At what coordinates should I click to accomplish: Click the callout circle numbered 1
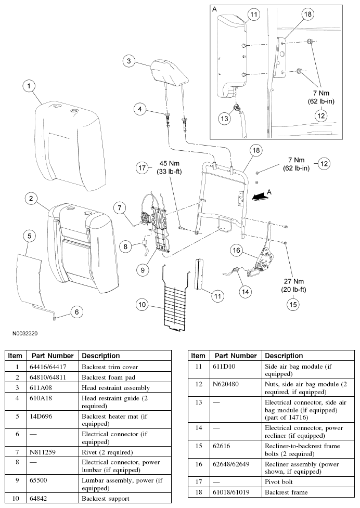29,86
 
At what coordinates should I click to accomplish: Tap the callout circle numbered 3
129,61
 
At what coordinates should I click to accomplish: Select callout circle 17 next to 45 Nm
142,168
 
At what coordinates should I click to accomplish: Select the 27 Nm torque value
293,281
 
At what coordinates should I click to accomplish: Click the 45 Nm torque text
169,164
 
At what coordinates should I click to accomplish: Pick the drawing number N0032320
25,333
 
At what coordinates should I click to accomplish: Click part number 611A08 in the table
41,388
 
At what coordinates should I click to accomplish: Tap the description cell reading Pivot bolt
279,482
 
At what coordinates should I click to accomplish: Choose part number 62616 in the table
221,446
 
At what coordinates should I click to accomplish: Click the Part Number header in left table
53,356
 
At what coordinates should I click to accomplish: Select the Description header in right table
284,356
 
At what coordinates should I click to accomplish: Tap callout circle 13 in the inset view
224,119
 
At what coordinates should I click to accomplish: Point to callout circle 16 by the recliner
236,250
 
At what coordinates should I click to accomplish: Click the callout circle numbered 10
142,305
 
